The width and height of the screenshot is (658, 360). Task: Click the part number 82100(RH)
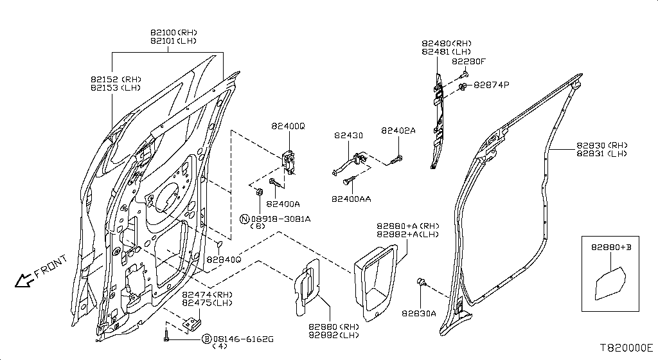point(173,32)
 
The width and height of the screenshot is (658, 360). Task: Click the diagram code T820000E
point(626,347)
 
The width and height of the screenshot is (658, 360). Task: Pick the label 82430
point(348,136)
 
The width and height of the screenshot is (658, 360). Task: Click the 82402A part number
point(398,130)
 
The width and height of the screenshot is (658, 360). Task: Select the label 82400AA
point(351,199)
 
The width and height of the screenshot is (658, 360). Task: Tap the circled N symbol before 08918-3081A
point(244,219)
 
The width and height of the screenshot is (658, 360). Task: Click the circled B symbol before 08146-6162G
point(207,338)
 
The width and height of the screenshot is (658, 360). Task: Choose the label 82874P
point(491,85)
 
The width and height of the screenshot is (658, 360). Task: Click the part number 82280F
point(468,62)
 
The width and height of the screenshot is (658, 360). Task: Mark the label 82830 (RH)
point(601,145)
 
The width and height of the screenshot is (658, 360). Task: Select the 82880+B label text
point(610,246)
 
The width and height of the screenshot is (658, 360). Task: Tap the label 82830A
point(419,314)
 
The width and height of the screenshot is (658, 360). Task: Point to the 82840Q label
point(223,260)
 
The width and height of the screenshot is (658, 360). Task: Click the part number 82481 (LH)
point(447,51)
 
